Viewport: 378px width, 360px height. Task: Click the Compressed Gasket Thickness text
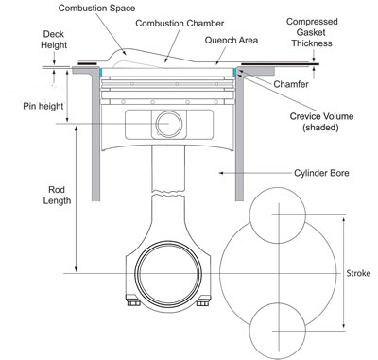click(x=340, y=32)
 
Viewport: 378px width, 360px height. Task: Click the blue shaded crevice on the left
click(x=100, y=72)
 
